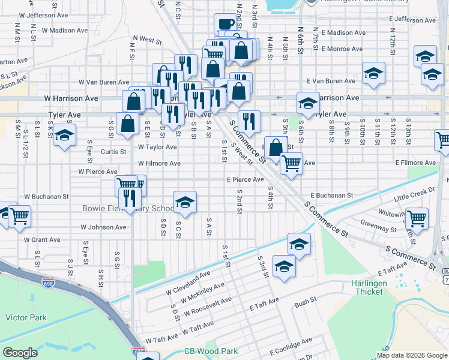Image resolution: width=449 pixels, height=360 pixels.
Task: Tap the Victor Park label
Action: point(21,316)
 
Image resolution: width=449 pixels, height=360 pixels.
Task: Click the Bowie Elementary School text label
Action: point(128,209)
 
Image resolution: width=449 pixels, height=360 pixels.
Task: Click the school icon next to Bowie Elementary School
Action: point(185,202)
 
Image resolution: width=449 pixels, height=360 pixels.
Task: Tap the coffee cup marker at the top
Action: point(226,25)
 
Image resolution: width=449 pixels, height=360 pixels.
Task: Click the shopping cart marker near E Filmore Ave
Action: point(291,162)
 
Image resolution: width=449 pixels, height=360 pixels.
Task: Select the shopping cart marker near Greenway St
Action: point(416,219)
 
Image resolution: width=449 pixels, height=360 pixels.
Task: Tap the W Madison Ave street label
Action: point(65,30)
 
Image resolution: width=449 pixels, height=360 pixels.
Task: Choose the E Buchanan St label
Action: point(331,196)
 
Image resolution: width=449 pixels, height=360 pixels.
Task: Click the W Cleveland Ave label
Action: point(188,281)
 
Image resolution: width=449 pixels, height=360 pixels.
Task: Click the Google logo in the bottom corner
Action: point(20,353)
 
